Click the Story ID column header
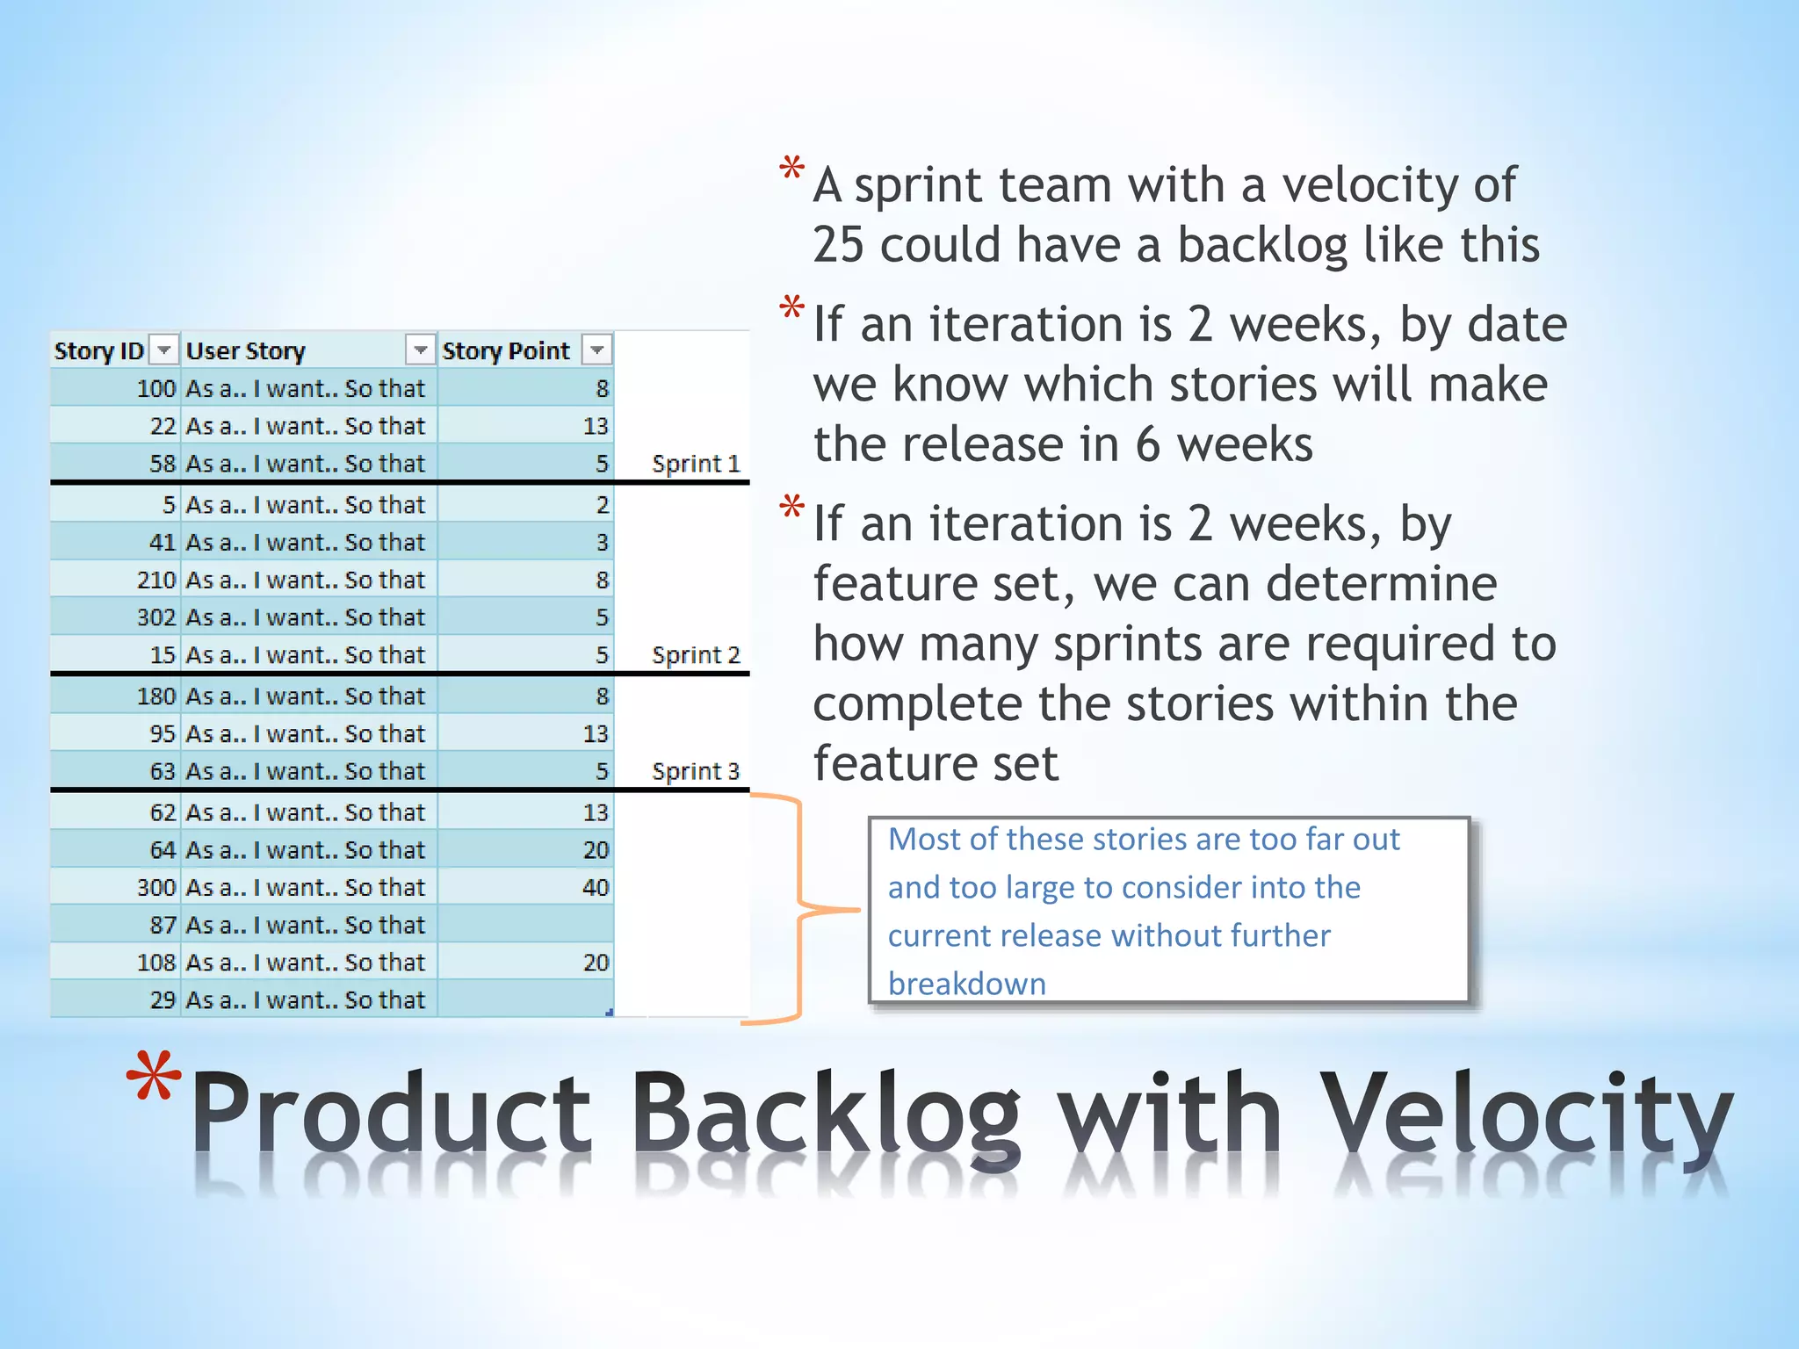[x=98, y=351]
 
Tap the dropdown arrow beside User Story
[x=421, y=350]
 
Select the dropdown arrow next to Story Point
[x=597, y=350]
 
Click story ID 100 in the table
[x=156, y=388]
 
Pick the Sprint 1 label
[x=696, y=464]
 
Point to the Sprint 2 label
[x=696, y=655]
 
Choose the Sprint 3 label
[x=696, y=771]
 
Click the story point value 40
[x=595, y=888]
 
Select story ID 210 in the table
[x=156, y=580]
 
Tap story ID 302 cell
[x=156, y=617]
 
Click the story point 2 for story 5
[x=602, y=505]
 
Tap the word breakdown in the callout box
[x=966, y=984]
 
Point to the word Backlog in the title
[x=825, y=1114]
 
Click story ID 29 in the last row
[x=163, y=1000]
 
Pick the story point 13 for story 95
[x=595, y=734]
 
